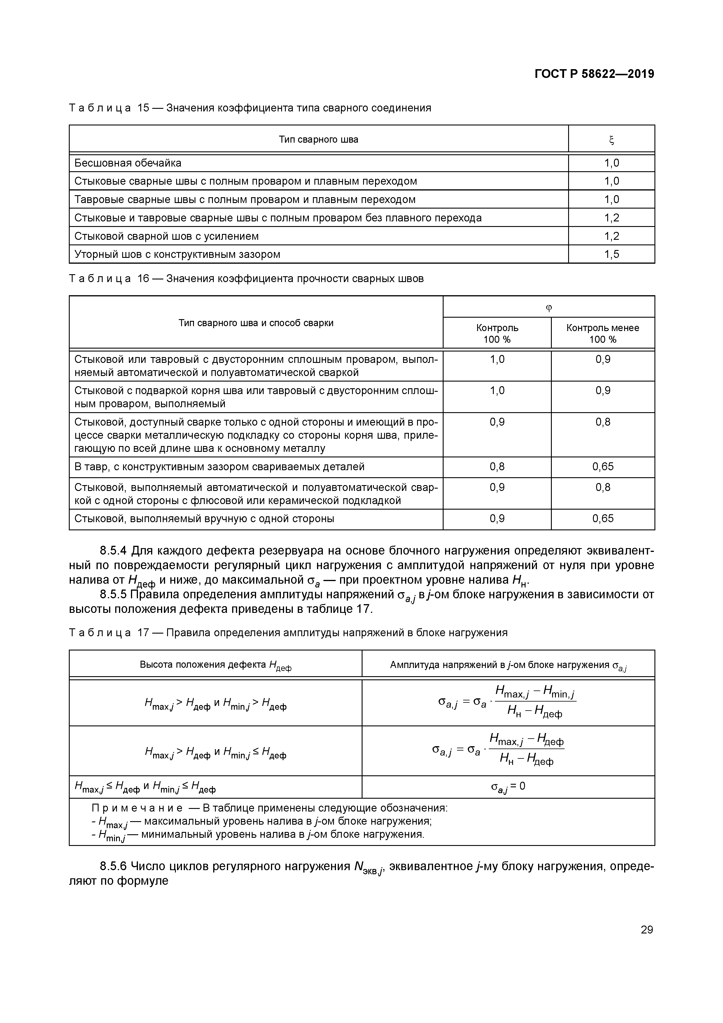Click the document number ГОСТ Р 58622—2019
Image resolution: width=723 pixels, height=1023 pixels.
[x=594, y=74]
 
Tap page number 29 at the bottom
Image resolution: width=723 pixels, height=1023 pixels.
[x=646, y=929]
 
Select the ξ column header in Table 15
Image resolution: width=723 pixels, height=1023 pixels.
[x=611, y=140]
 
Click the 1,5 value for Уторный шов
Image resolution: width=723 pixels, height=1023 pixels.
[x=611, y=254]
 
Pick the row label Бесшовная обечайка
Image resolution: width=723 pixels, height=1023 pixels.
[x=128, y=163]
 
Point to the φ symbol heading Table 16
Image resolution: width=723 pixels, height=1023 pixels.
[x=549, y=307]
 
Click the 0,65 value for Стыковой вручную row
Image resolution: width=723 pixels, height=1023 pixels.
[x=603, y=519]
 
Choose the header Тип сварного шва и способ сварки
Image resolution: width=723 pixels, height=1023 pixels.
[x=256, y=323]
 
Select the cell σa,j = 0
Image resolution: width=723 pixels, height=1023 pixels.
[x=508, y=786]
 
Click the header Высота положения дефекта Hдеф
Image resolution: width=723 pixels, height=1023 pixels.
[x=216, y=665]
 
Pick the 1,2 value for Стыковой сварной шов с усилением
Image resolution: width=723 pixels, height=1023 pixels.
[x=611, y=236]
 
